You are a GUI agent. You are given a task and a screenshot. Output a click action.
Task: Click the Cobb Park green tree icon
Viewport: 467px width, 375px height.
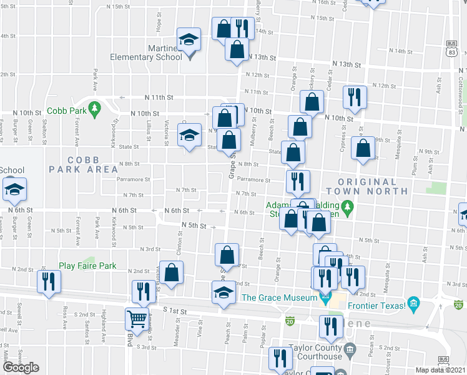click(x=95, y=108)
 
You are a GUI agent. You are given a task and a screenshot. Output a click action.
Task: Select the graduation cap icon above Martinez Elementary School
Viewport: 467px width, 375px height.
click(x=189, y=40)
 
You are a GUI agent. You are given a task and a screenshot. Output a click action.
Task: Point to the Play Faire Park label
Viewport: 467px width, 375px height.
click(x=87, y=266)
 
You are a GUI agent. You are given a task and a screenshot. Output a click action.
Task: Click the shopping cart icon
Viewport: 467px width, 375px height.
click(x=137, y=319)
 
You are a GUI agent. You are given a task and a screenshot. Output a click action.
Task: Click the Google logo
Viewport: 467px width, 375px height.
click(x=21, y=367)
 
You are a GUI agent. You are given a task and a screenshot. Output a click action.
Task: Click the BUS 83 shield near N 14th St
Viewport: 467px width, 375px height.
click(x=451, y=49)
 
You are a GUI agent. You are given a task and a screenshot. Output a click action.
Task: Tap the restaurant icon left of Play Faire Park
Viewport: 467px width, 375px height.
click(x=48, y=281)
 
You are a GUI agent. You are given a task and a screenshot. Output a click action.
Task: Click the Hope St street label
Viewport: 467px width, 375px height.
click(x=160, y=25)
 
